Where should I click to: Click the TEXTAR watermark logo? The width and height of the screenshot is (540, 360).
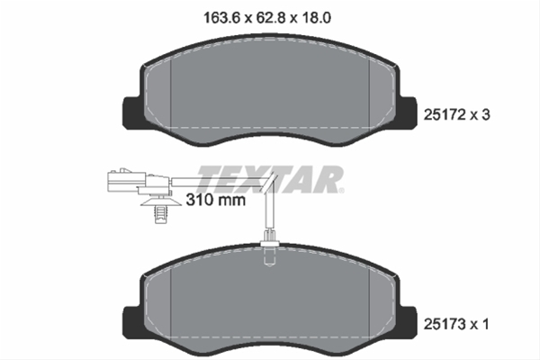click(270, 179)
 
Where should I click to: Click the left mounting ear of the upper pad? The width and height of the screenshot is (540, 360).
click(129, 110)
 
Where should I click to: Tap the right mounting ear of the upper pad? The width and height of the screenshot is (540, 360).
click(409, 110)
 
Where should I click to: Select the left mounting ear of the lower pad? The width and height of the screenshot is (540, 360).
click(129, 317)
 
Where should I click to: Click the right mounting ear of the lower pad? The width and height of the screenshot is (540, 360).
click(409, 317)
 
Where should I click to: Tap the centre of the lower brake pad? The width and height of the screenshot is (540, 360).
click(270, 301)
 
